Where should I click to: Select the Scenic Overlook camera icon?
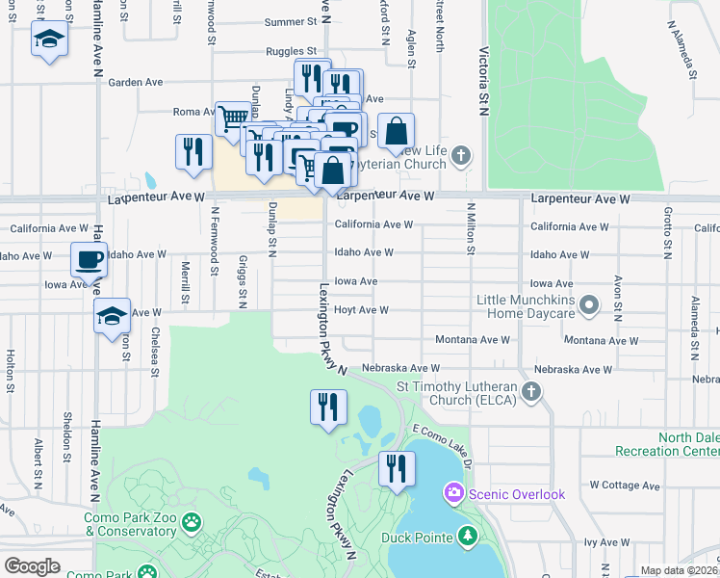[452, 494]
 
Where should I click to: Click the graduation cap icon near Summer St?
[48, 39]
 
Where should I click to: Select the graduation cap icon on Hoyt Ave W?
[112, 314]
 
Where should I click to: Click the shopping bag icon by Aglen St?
[396, 130]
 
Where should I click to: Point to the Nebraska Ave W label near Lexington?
[400, 369]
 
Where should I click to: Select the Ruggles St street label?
[291, 51]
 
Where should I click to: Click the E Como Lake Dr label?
[442, 445]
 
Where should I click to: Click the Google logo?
[32, 566]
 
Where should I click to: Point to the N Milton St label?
[472, 228]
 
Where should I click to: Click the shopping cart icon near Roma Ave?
[233, 118]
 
